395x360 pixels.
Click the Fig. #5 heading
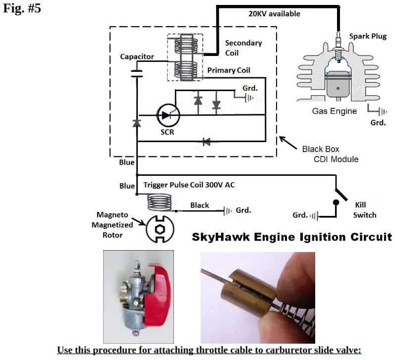click(22, 9)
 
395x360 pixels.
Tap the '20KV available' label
click(274, 14)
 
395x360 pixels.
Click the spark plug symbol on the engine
click(338, 47)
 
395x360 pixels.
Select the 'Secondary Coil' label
click(243, 48)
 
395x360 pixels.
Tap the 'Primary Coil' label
click(229, 70)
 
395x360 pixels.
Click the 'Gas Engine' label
click(334, 111)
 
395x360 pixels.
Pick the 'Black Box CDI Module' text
click(330, 154)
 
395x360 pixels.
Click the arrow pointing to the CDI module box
click(286, 142)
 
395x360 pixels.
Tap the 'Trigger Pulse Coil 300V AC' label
click(189, 185)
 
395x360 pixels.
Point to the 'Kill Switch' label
click(365, 209)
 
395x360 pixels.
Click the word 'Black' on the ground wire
click(200, 205)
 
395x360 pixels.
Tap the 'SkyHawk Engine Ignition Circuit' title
click(291, 237)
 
